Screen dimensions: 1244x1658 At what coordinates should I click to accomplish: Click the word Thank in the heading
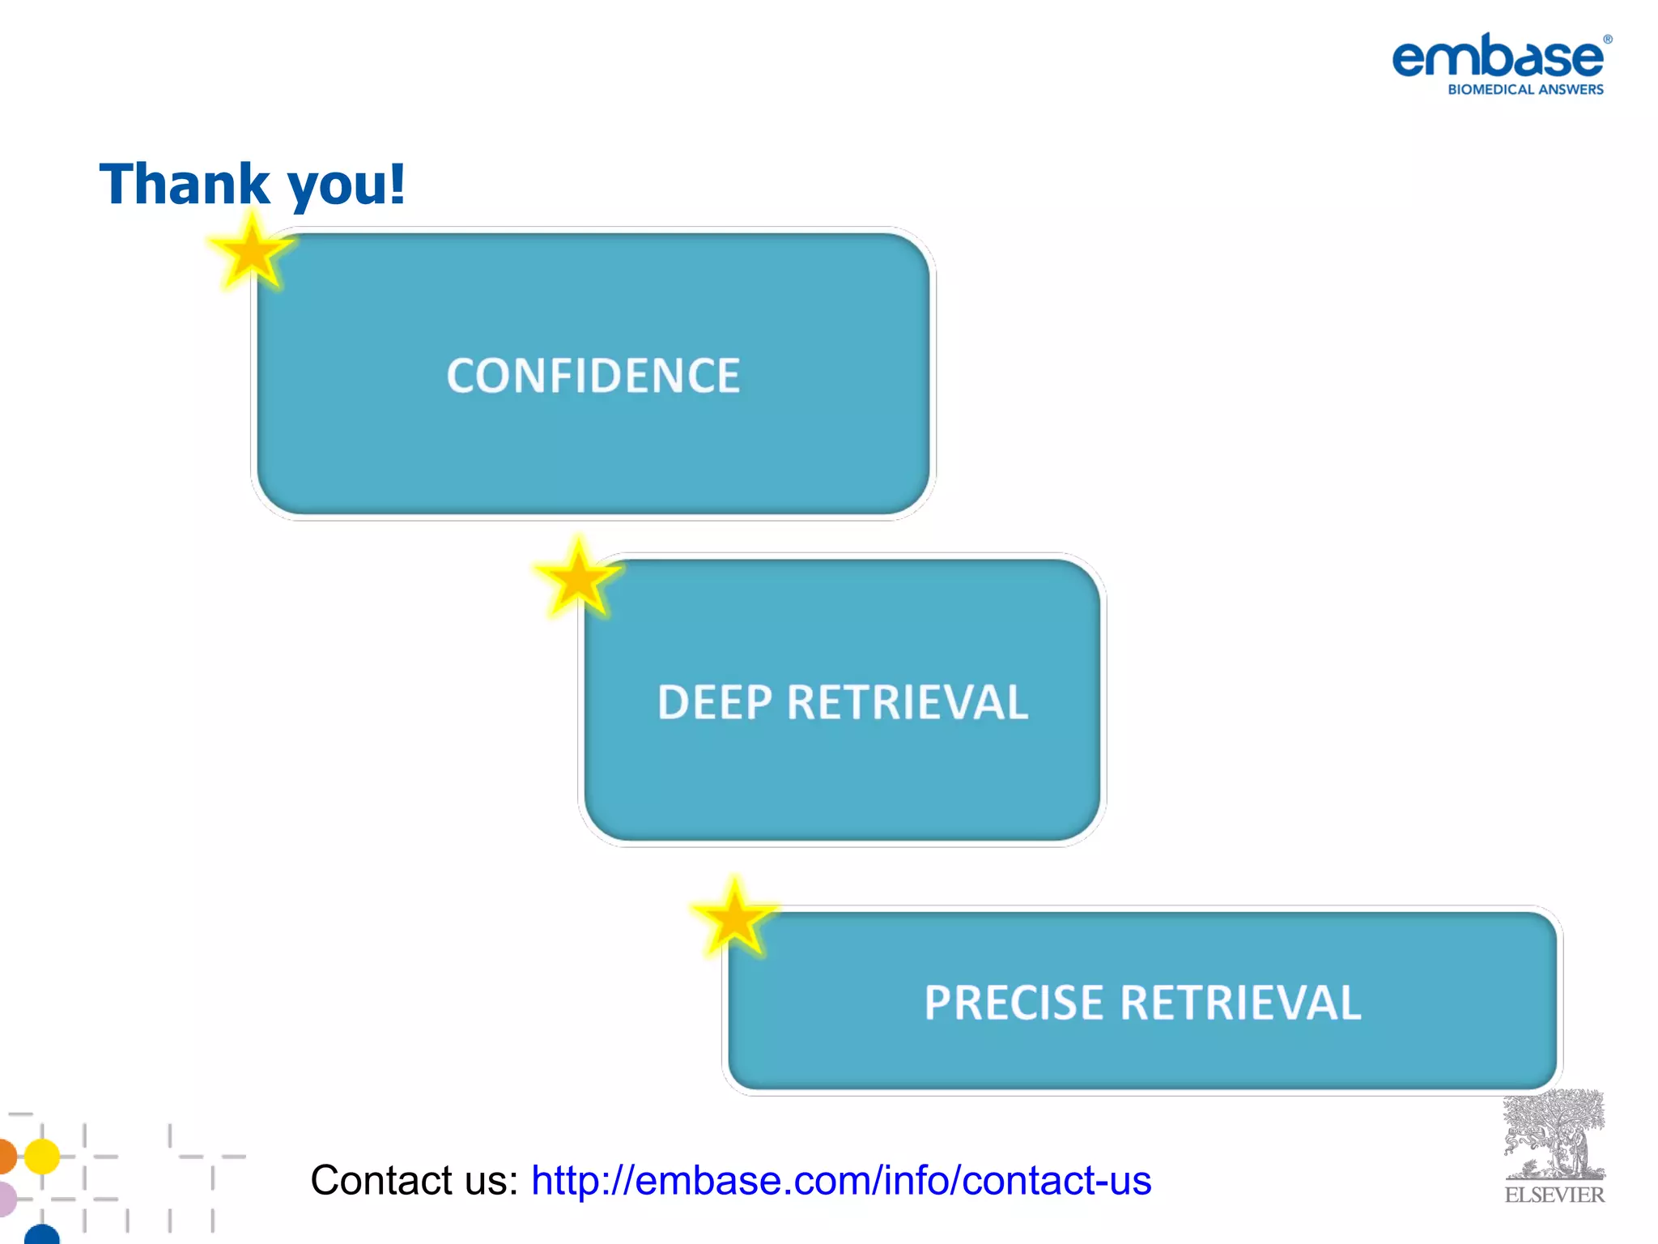185,184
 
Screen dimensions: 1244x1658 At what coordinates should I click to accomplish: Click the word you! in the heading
346,185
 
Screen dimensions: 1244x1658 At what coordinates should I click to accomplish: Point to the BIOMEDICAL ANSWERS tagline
1525,90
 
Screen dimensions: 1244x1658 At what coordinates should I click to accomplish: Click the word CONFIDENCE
593,376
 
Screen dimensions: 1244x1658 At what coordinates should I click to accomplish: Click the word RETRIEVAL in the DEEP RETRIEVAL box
908,702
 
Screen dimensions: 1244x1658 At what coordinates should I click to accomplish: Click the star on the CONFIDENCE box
252,253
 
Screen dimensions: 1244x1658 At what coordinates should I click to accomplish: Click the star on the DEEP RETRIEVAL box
578,578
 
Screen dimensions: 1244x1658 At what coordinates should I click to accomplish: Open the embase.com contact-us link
840,1180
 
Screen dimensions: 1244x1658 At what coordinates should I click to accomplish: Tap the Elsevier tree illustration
1554,1134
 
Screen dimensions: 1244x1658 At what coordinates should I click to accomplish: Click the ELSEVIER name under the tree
1554,1195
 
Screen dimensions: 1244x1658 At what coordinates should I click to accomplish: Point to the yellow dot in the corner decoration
42,1156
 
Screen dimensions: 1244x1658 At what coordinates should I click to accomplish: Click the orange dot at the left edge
6,1156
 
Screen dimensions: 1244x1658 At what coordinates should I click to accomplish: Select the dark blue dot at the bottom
42,1235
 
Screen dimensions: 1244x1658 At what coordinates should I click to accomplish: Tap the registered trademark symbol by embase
1608,39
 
